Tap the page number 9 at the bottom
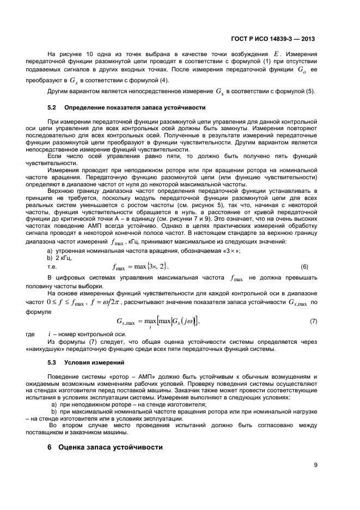[x=315, y=465]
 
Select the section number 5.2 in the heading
[x=53, y=108]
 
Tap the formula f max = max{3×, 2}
[x=141, y=266]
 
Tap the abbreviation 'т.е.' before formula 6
[x=53, y=267]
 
